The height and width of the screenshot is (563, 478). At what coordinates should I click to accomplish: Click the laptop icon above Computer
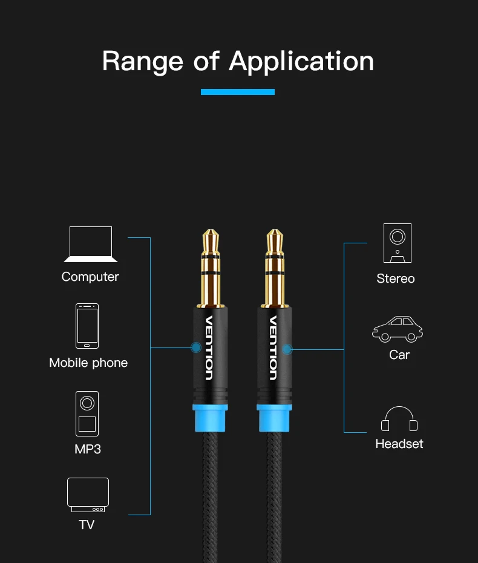[91, 244]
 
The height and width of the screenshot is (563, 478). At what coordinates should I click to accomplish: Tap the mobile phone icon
[87, 326]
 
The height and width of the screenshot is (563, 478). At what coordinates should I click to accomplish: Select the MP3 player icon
[87, 413]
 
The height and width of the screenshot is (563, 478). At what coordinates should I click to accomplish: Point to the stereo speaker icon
[397, 243]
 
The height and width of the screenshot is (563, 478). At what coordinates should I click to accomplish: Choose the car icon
[398, 329]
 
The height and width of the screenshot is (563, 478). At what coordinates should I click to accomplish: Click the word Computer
[90, 277]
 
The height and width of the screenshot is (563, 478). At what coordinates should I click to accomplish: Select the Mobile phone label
[88, 363]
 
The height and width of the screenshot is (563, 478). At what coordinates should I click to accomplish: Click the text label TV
[87, 524]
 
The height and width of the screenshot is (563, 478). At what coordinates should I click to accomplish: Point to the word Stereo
[396, 278]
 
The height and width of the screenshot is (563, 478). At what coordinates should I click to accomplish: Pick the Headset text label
[399, 444]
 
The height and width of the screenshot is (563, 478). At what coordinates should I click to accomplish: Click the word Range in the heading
[142, 61]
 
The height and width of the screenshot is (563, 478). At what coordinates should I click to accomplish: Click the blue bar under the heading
[238, 92]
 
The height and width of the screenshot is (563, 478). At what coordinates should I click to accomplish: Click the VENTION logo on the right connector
[273, 347]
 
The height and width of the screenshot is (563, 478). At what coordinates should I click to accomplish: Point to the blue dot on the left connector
[195, 347]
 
